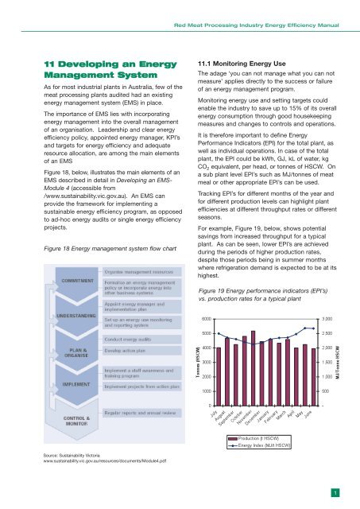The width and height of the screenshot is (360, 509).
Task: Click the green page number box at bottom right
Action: (337, 493)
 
